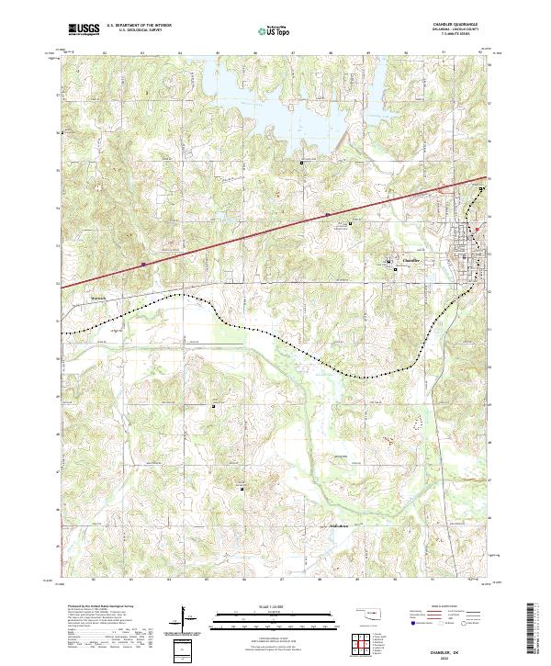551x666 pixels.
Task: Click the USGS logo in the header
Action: coord(83,29)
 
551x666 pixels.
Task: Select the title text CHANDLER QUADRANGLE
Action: coord(468,25)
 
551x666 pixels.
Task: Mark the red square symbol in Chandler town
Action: coord(477,230)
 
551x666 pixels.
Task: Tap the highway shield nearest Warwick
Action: coord(143,265)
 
